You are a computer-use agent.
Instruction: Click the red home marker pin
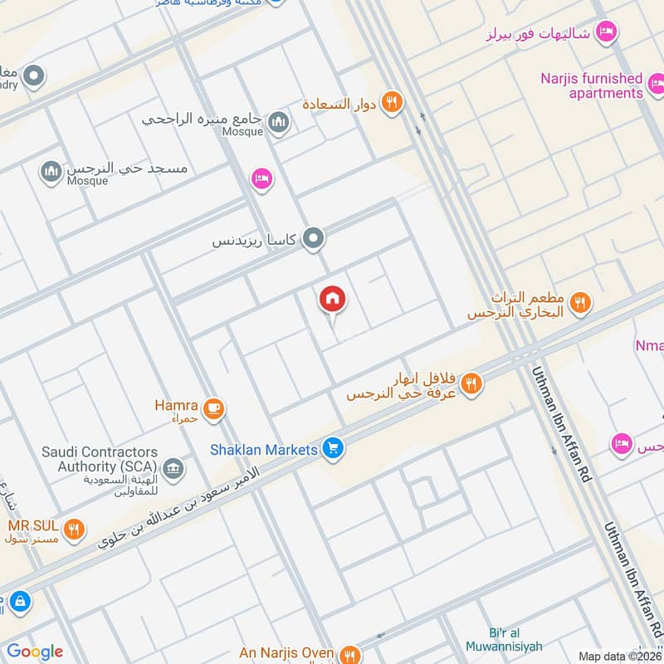333,300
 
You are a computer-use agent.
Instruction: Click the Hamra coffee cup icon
214,408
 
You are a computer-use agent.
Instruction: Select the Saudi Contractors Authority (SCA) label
100,459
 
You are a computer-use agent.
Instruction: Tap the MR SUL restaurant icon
74,529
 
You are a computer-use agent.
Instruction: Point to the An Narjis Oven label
287,654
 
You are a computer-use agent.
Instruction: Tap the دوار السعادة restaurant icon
393,103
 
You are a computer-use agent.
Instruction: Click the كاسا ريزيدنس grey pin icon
313,240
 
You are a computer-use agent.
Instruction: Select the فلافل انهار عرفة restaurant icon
471,383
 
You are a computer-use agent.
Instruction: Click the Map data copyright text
619,656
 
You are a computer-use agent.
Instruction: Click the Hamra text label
176,405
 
